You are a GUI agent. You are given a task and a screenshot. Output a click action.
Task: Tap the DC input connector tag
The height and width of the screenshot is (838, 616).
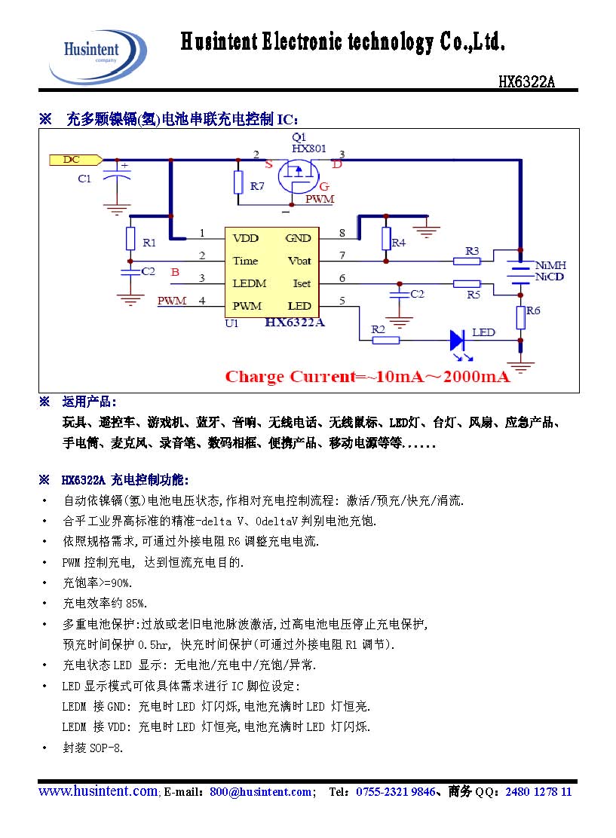click(x=74, y=159)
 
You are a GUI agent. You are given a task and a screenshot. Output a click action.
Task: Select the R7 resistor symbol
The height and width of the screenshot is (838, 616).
click(x=238, y=182)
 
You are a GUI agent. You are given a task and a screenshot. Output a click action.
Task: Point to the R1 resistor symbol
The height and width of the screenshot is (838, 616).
click(x=130, y=239)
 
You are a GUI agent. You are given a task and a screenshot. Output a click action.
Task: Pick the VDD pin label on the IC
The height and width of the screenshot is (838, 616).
click(x=245, y=238)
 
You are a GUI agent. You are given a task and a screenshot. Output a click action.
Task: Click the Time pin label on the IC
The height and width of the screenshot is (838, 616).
click(x=245, y=261)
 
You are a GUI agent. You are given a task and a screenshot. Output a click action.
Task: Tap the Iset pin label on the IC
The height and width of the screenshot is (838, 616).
click(x=301, y=283)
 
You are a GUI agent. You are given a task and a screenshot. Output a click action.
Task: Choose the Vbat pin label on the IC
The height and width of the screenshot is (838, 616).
click(x=299, y=261)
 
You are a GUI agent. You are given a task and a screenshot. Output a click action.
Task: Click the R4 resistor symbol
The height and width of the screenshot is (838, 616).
click(x=386, y=240)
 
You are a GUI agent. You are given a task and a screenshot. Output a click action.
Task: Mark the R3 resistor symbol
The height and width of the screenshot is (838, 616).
click(x=467, y=261)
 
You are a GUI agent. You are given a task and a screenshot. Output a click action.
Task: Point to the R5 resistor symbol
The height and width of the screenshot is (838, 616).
click(x=467, y=283)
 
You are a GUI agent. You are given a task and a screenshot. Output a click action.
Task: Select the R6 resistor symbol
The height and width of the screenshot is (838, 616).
click(x=520, y=318)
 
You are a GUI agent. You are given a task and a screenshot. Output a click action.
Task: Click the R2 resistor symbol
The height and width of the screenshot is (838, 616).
click(x=385, y=340)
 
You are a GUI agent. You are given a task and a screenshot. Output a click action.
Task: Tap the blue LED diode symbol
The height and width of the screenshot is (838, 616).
click(x=458, y=340)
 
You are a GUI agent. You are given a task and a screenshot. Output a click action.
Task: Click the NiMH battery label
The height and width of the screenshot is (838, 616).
click(x=550, y=266)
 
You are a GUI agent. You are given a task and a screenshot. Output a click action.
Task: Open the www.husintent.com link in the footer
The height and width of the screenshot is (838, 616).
click(x=98, y=791)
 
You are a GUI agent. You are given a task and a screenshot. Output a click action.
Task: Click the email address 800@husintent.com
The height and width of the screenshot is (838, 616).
click(x=261, y=792)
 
